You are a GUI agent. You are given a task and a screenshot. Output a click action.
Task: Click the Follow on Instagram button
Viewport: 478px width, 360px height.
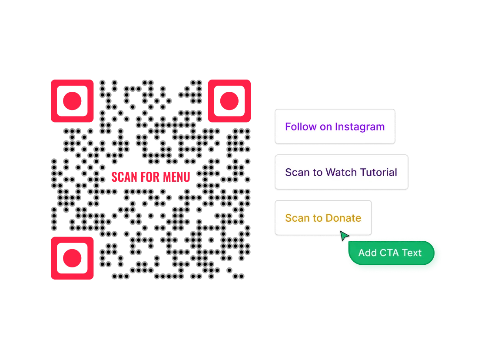(335, 127)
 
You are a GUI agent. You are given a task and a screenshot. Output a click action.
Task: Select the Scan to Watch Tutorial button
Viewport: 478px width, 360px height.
(341, 172)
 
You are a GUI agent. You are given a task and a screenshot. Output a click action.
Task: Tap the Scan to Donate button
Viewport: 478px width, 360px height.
(323, 218)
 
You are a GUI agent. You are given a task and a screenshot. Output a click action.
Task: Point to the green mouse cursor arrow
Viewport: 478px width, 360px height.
(344, 236)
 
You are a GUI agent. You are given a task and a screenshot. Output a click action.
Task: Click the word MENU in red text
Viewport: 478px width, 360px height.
(176, 177)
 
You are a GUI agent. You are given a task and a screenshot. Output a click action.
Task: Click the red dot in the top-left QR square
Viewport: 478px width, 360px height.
(72, 101)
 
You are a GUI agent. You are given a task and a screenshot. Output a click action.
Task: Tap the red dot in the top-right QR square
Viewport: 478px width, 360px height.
(229, 101)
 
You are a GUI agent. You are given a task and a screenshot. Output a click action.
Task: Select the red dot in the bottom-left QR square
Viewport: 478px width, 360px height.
(72, 258)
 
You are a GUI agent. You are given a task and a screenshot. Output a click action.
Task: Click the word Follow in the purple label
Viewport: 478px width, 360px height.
(301, 127)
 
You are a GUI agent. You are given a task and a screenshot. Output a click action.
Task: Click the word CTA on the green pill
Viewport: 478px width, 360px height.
(390, 253)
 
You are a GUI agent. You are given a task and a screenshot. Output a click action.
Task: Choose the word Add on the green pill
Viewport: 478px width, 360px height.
(367, 253)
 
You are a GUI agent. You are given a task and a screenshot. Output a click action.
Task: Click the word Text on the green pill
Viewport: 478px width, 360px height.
(412, 253)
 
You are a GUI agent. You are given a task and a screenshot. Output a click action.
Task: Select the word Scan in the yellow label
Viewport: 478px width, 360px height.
(297, 218)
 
